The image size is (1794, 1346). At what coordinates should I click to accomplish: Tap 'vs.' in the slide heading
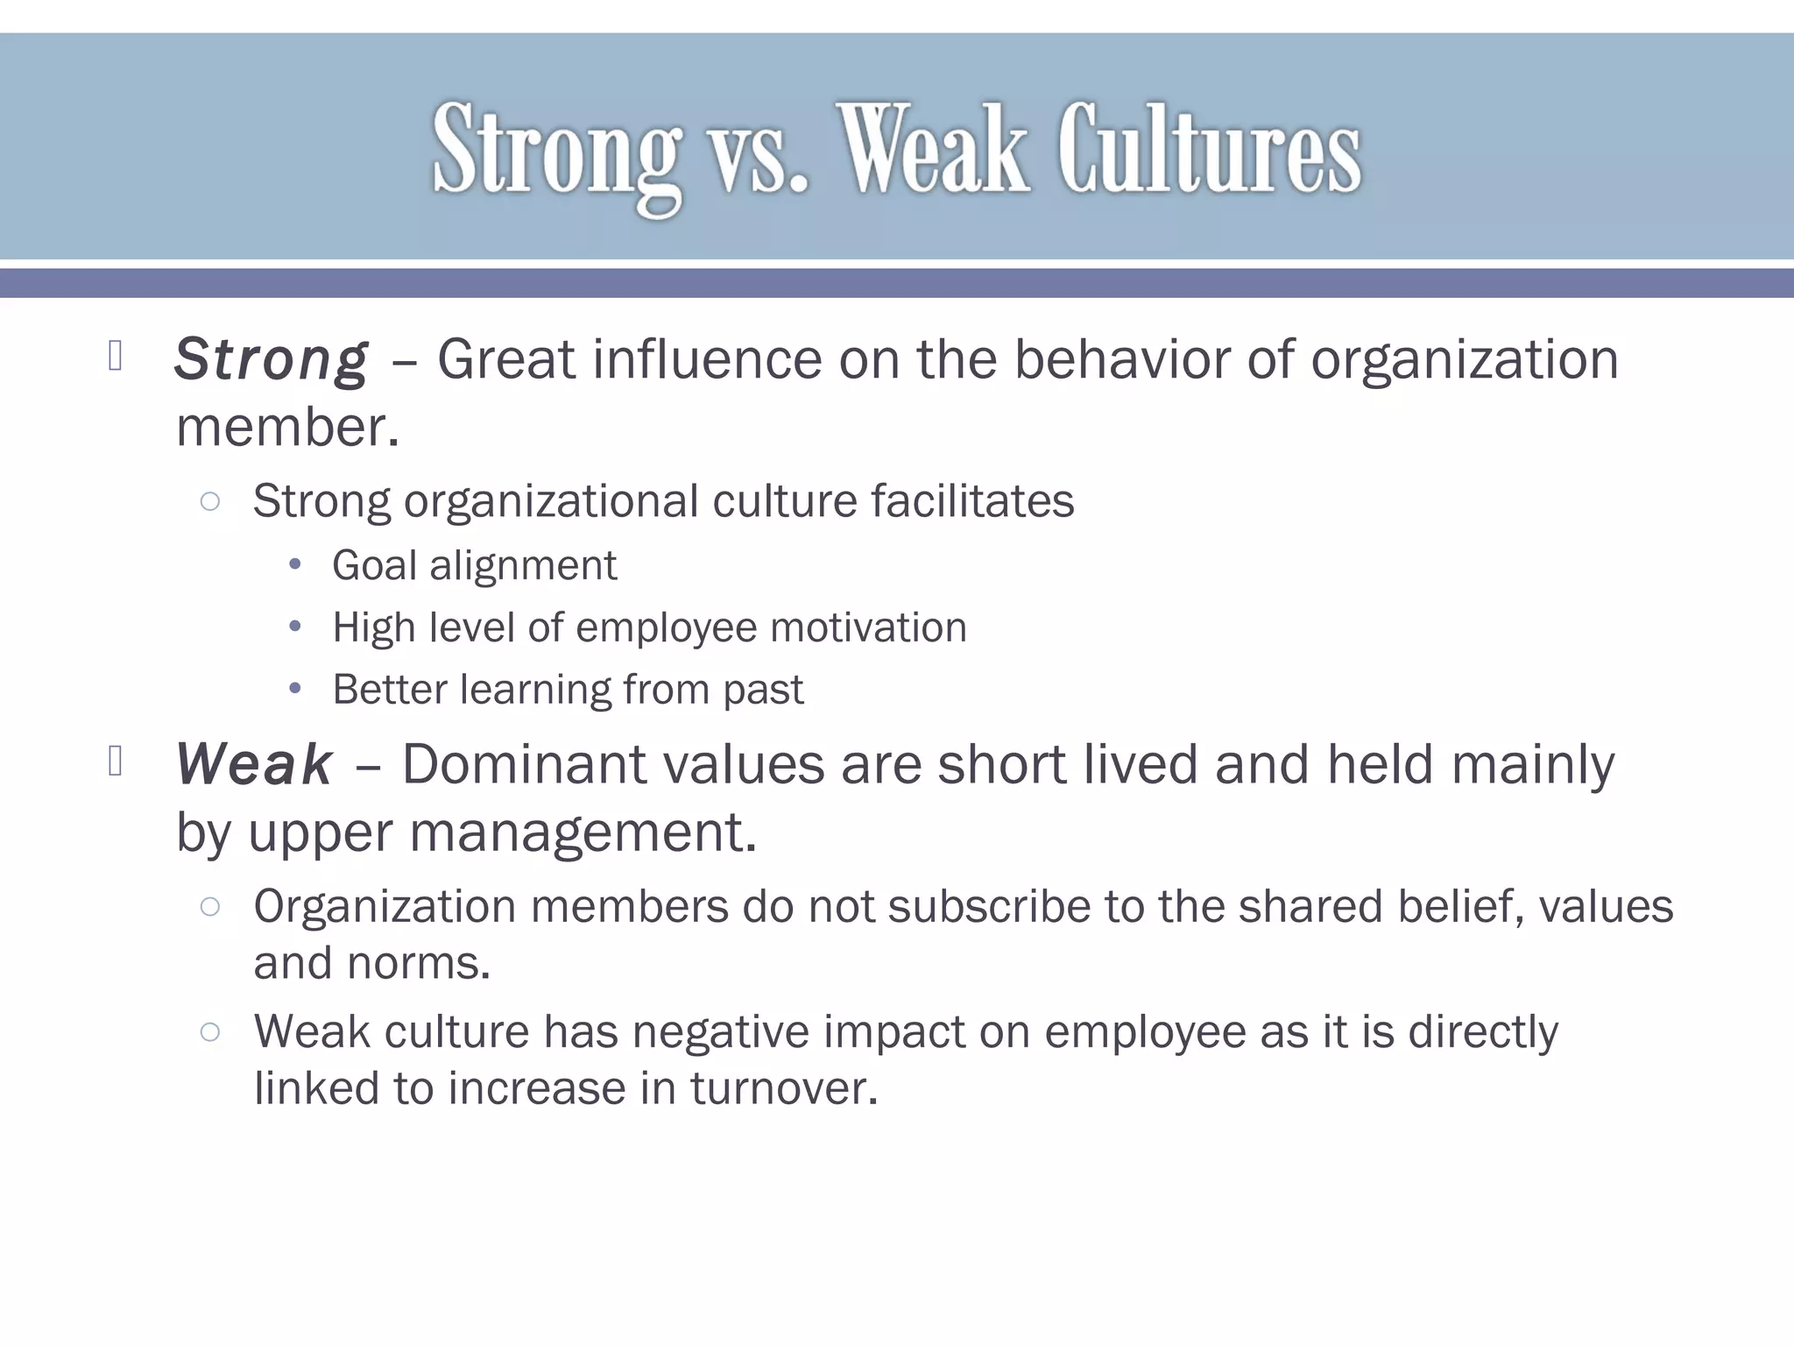point(759,151)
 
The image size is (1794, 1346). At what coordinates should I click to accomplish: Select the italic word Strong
point(272,359)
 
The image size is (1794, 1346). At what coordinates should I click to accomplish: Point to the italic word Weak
point(254,764)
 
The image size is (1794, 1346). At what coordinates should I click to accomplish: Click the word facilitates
point(972,501)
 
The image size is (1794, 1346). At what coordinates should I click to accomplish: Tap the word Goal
point(374,566)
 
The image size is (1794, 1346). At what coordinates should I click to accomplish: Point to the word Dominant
point(523,764)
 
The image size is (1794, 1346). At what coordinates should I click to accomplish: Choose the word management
point(583,832)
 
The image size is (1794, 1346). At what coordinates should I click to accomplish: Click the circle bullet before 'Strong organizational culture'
point(209,501)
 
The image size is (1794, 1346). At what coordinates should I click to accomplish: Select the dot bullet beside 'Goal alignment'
point(295,565)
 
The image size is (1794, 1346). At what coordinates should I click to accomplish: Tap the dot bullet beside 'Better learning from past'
point(295,690)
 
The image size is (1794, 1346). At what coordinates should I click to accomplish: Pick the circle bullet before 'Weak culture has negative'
point(209,1031)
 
